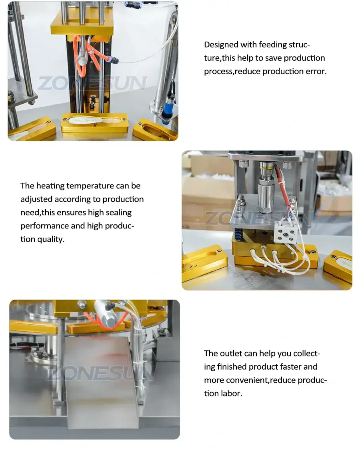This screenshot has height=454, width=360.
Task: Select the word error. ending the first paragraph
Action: click(316, 72)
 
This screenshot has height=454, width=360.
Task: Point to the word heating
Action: click(50, 186)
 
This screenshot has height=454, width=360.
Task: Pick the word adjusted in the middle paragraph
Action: click(36, 199)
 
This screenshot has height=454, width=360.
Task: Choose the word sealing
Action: click(118, 213)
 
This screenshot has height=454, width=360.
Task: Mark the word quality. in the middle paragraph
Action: click(50, 240)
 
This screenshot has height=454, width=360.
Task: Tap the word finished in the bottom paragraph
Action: click(232, 367)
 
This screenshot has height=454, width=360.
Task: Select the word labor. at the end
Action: click(231, 394)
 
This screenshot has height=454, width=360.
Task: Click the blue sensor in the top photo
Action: click(167, 104)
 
